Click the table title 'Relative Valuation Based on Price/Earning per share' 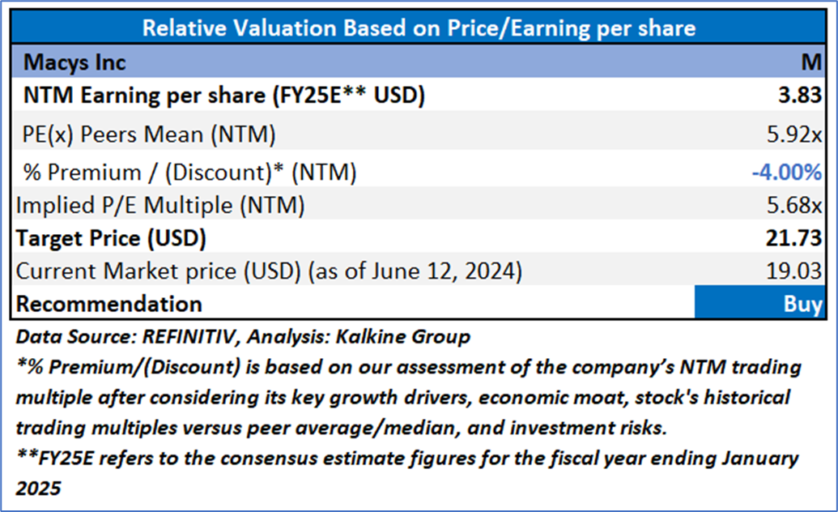(x=419, y=28)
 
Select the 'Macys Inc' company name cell (x=75, y=62)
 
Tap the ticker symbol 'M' (x=814, y=62)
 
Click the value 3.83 (x=802, y=96)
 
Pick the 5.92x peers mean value (x=797, y=134)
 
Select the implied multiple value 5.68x (x=797, y=206)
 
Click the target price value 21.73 (x=798, y=239)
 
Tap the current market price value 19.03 (x=798, y=271)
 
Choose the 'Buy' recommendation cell (x=802, y=305)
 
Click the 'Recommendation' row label (x=109, y=305)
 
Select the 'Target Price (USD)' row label (x=112, y=239)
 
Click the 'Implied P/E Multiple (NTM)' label (x=160, y=206)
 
